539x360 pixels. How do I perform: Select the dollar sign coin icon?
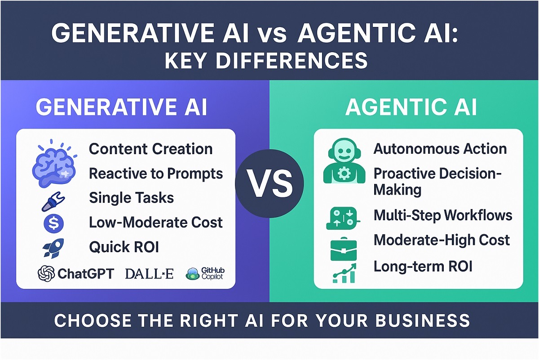(x=53, y=223)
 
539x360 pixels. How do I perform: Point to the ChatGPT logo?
(x=76, y=273)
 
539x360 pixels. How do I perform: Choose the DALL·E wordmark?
(x=150, y=273)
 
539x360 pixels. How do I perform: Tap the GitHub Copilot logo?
(x=205, y=273)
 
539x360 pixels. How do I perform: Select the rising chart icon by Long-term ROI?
(x=344, y=273)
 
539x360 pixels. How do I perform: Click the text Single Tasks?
(x=131, y=197)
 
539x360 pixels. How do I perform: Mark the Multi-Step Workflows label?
(x=442, y=215)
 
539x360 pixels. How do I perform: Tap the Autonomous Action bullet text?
(x=440, y=149)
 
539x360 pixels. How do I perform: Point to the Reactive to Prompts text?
(x=155, y=173)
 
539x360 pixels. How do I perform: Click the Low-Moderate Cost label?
(x=155, y=222)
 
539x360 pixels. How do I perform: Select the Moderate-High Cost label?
(x=442, y=240)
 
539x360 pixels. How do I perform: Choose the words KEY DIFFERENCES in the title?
(x=266, y=60)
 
